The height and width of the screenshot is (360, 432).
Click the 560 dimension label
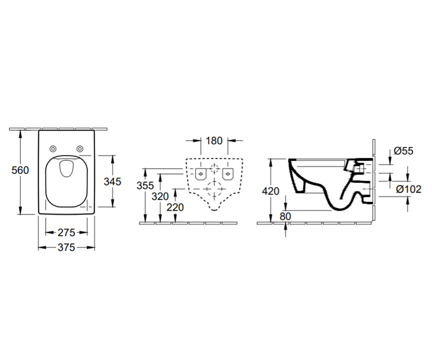pyautogui.click(x=20, y=170)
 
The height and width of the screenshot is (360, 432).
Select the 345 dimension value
pyautogui.click(x=112, y=182)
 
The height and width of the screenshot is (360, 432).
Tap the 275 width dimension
pyautogui.click(x=66, y=233)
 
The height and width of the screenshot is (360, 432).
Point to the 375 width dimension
pyautogui.click(x=66, y=247)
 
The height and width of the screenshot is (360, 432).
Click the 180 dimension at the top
pyautogui.click(x=214, y=141)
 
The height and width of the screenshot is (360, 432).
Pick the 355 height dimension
pyautogui.click(x=145, y=186)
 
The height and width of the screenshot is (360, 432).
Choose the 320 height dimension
pyautogui.click(x=160, y=196)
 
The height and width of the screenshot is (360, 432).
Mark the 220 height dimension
pyautogui.click(x=175, y=207)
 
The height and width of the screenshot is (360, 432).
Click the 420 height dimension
pyautogui.click(x=271, y=191)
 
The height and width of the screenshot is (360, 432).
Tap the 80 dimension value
pyautogui.click(x=285, y=216)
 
